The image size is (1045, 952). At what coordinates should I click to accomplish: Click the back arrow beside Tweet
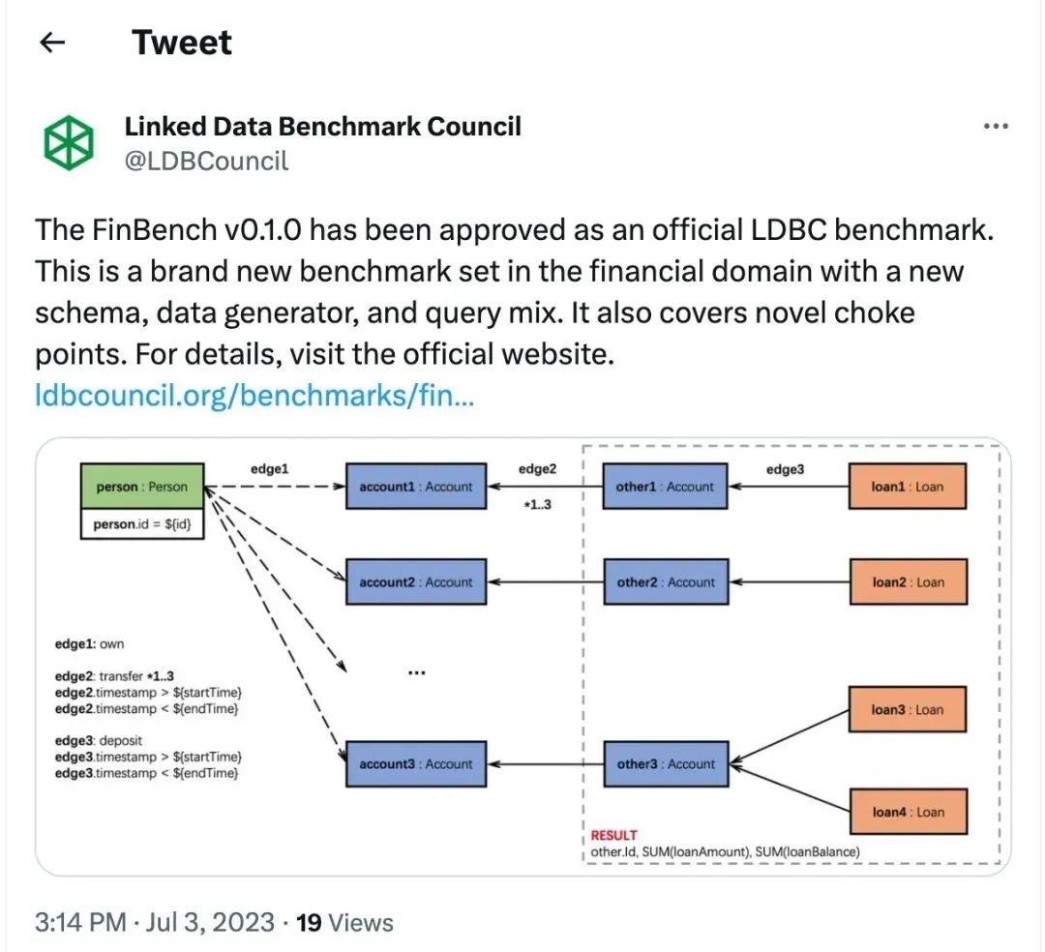click(52, 43)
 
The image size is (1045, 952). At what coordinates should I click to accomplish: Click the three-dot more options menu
click(996, 127)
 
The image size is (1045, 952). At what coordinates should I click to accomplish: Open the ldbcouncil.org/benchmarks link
click(254, 396)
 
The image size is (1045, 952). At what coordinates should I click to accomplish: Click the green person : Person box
click(142, 487)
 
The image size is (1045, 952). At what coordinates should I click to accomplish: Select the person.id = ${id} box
click(142, 523)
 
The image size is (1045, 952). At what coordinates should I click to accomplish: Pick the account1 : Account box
click(416, 487)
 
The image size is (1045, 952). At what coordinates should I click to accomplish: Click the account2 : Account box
click(416, 582)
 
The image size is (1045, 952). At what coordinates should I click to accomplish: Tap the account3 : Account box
click(416, 764)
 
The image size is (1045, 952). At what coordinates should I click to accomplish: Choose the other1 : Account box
click(665, 487)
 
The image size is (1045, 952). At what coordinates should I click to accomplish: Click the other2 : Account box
click(665, 582)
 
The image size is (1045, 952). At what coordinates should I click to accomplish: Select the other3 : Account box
click(665, 764)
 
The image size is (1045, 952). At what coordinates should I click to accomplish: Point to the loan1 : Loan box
click(908, 487)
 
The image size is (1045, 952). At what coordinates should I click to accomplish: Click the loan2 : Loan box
click(908, 582)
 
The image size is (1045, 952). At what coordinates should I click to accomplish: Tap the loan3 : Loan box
click(908, 710)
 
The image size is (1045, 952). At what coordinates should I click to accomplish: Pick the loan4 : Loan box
click(908, 813)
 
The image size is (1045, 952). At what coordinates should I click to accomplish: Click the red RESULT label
click(613, 835)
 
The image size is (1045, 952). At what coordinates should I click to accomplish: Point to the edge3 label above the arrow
click(787, 468)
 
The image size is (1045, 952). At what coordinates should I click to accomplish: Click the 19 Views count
click(344, 922)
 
